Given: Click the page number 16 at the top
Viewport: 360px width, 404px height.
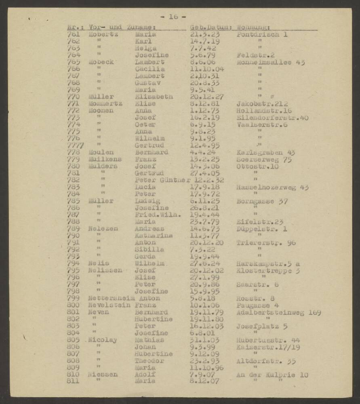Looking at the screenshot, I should click(x=173, y=17).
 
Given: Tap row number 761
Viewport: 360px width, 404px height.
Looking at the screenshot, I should click(x=74, y=35).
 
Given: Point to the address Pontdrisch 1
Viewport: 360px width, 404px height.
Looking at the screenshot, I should click(x=262, y=35).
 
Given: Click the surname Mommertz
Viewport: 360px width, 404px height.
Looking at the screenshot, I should click(x=105, y=104).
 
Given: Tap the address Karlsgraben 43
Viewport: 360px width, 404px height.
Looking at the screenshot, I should click(x=265, y=152).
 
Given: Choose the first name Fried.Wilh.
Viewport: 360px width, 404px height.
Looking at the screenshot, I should click(x=158, y=215).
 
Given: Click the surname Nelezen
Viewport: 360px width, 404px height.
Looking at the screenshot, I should click(x=103, y=229).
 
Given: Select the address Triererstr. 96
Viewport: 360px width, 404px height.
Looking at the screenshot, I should click(x=266, y=242).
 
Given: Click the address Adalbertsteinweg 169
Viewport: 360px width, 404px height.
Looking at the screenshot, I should click(x=278, y=312).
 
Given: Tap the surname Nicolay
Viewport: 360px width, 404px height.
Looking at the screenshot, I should click(x=103, y=340).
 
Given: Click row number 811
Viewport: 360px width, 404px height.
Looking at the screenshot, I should click(x=74, y=381).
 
